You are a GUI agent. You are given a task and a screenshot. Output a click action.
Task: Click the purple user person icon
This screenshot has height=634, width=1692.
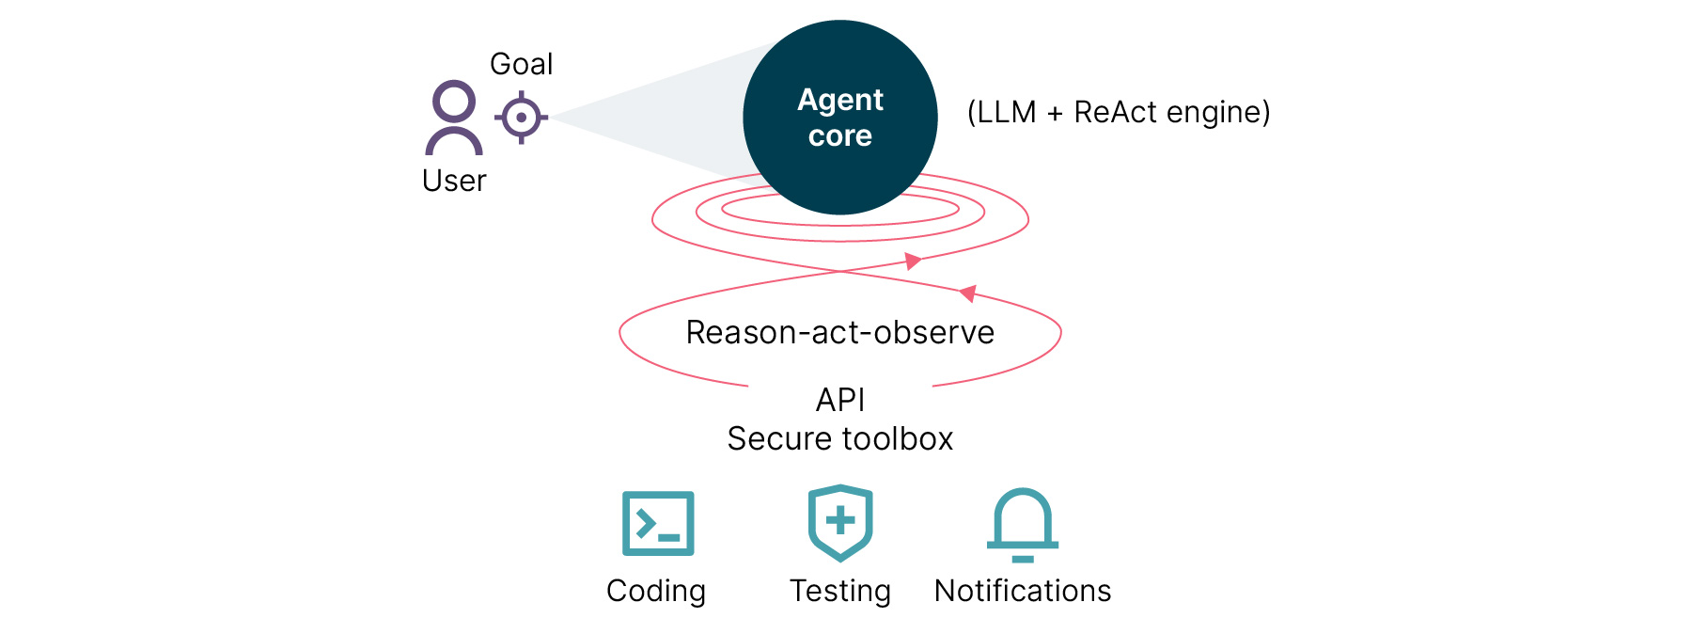(x=454, y=118)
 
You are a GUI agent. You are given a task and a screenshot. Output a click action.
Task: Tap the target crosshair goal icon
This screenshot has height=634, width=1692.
(x=521, y=118)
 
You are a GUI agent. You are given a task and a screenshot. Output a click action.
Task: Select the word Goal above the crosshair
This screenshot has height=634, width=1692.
(x=521, y=64)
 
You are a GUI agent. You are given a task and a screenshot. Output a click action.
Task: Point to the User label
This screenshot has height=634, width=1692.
(x=454, y=181)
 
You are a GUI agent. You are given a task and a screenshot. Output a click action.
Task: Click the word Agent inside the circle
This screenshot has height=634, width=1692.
(x=840, y=100)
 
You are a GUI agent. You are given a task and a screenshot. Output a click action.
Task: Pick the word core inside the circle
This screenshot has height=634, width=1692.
(x=840, y=136)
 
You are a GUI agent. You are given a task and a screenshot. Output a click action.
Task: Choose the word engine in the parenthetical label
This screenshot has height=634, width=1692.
(x=1217, y=113)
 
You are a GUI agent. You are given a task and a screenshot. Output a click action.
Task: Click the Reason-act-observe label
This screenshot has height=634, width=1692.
(x=839, y=332)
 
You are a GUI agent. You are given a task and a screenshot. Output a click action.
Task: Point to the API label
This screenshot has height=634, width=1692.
(x=840, y=400)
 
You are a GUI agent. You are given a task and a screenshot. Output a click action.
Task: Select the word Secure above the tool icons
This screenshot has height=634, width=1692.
(x=780, y=438)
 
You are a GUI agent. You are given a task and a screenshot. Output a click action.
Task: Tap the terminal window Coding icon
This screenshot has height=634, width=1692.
(x=658, y=523)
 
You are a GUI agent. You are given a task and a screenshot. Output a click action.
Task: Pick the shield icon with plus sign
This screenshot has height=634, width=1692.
(x=840, y=522)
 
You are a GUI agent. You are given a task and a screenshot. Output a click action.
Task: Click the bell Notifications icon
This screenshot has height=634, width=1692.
(x=1023, y=524)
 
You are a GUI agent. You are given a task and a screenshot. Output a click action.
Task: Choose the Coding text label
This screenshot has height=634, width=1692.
(x=656, y=591)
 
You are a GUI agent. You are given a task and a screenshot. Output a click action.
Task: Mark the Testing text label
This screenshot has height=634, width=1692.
(x=840, y=591)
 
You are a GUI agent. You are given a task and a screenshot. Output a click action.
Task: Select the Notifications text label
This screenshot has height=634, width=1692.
(x=1023, y=591)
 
